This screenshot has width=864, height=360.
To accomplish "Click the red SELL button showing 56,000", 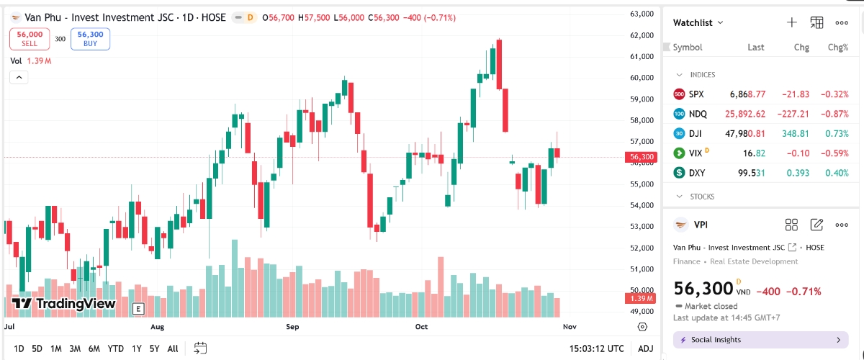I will [x=30, y=38].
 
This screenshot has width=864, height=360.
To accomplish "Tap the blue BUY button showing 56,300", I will [x=90, y=38].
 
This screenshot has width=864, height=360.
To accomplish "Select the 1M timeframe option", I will [x=55, y=348].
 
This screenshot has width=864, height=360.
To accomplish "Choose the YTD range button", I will [x=115, y=348].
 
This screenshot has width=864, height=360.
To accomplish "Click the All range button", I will [x=172, y=348].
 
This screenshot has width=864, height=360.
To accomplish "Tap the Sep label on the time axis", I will [x=292, y=326].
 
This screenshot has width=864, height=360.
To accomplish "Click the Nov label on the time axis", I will [x=570, y=326].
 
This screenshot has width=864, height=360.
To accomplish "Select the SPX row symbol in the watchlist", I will [x=696, y=94].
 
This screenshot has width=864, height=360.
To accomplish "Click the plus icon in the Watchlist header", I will [x=791, y=22].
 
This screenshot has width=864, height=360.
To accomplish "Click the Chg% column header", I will [x=837, y=48].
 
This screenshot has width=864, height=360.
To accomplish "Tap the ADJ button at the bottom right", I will [x=646, y=348].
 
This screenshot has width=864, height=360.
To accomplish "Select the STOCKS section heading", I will [x=702, y=196].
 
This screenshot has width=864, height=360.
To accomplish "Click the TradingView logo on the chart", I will [x=64, y=304].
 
